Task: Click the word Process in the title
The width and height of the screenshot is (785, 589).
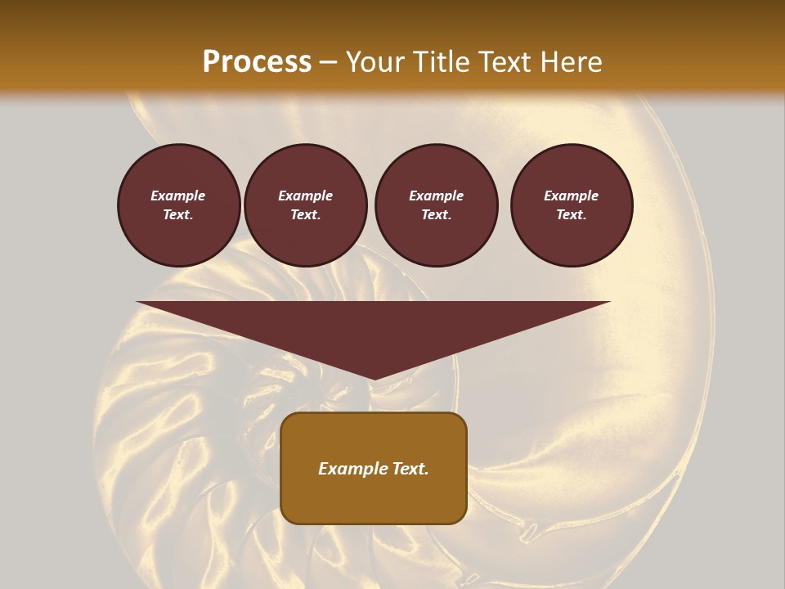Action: pos(257,62)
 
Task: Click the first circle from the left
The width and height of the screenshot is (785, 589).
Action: pos(178,205)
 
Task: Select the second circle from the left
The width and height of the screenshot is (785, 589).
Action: pos(305,205)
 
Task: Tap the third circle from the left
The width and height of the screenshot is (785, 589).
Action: pos(436,205)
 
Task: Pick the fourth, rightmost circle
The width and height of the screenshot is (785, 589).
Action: pos(571,205)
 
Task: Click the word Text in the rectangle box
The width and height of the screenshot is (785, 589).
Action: pos(410,469)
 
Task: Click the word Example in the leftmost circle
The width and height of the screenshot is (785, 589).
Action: pos(178,196)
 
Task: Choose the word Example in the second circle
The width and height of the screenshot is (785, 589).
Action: pos(305,196)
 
